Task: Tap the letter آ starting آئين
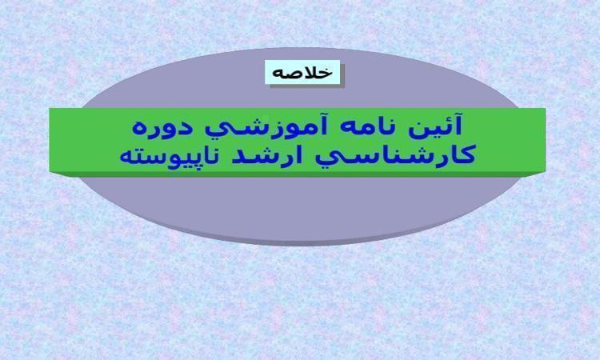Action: [x=458, y=125]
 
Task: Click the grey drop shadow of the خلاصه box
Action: [x=307, y=86]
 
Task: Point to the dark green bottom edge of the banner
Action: [x=298, y=174]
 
